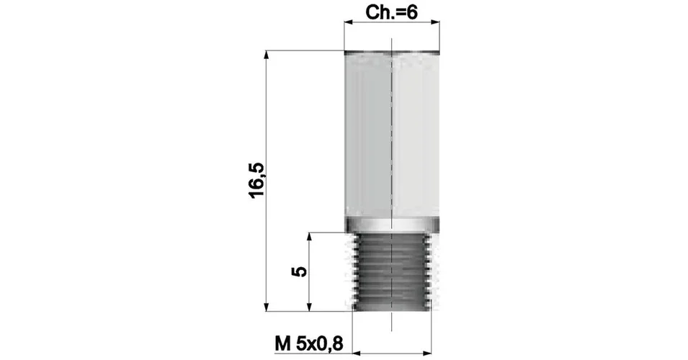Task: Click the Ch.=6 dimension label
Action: pos(391,13)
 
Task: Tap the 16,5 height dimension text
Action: pos(257,180)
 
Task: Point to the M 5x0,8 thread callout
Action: pos(309,343)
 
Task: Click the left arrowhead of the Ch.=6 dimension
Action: pos(349,22)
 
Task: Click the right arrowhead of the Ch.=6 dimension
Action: pos(435,22)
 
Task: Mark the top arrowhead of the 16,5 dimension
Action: pos(266,55)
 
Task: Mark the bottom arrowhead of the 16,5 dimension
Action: pos(266,306)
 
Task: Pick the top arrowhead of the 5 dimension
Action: pos(309,238)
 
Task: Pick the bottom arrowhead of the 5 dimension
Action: pos(309,306)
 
